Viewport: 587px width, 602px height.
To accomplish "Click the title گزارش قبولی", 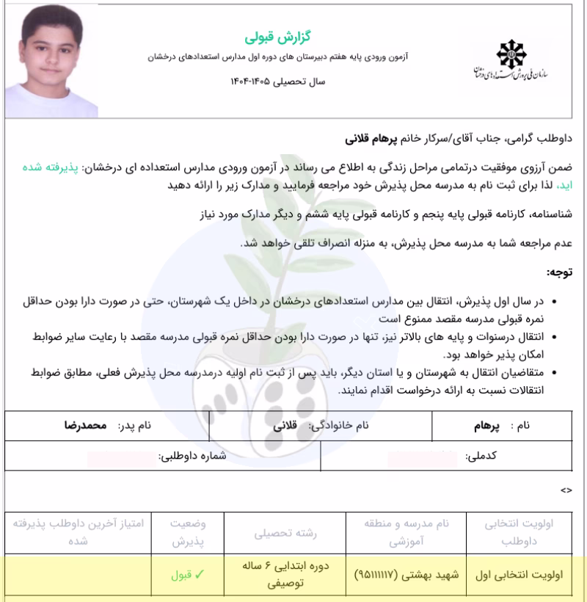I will (x=269, y=35).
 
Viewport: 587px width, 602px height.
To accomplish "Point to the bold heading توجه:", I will (x=561, y=272).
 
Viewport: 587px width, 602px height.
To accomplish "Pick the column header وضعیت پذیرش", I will (x=188, y=534).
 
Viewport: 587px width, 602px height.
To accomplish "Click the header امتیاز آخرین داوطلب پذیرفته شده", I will (x=84, y=534).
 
